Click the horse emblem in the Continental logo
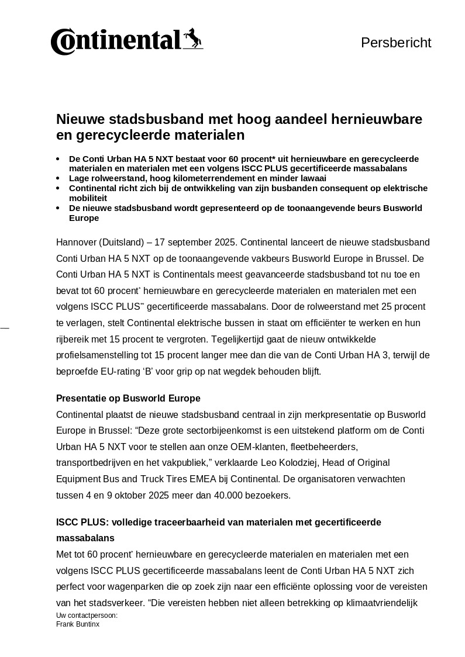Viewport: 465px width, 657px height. [x=192, y=39]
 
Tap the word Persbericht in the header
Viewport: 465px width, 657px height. [x=396, y=43]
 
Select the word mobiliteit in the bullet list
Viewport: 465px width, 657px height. [x=88, y=198]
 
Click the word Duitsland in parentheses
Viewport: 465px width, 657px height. [x=124, y=243]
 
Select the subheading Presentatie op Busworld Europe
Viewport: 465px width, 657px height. [x=128, y=399]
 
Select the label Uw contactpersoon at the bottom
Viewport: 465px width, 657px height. [x=87, y=615]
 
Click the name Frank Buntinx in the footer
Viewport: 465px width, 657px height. [x=78, y=624]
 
